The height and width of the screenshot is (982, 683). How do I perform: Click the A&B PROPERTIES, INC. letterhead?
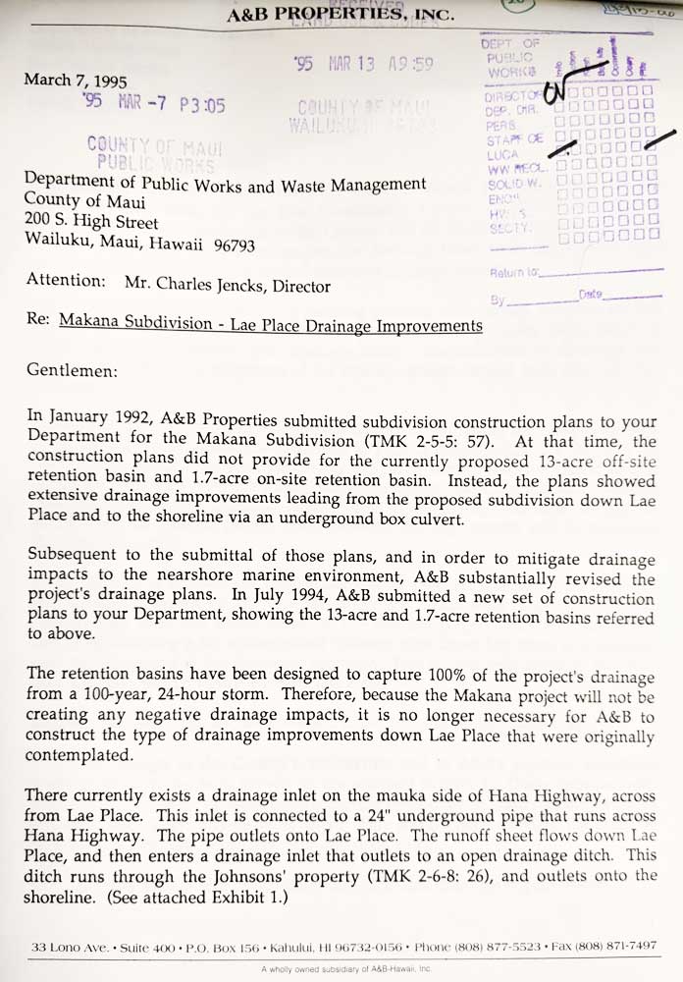point(341,15)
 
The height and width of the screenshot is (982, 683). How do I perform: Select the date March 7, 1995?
point(76,81)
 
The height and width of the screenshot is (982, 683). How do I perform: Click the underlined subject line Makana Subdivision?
point(271,324)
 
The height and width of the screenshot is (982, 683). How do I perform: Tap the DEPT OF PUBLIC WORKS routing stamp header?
point(511,58)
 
